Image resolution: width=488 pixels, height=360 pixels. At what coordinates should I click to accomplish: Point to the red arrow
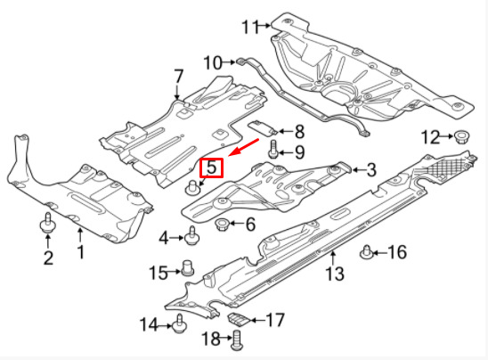244,147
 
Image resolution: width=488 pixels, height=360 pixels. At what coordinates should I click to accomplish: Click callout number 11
250,27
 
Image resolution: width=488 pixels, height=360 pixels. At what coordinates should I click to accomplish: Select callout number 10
213,62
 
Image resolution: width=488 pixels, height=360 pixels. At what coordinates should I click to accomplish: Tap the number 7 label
178,77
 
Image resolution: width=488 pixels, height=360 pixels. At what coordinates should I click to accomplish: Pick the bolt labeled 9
273,149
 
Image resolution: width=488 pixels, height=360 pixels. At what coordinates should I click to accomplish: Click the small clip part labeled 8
263,127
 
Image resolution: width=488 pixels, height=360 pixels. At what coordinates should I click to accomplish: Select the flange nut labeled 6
223,225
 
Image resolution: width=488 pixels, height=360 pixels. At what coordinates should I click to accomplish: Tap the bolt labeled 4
191,235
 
